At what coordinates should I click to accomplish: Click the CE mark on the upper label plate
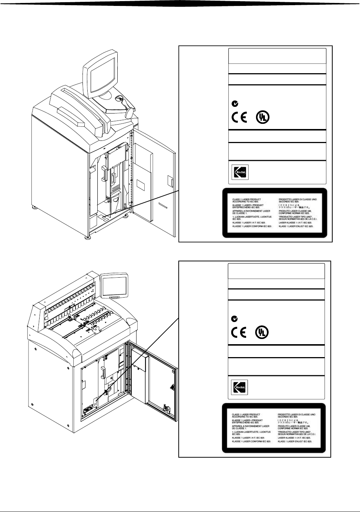tap(240, 117)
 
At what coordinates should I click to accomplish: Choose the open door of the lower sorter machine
tap(155, 388)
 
